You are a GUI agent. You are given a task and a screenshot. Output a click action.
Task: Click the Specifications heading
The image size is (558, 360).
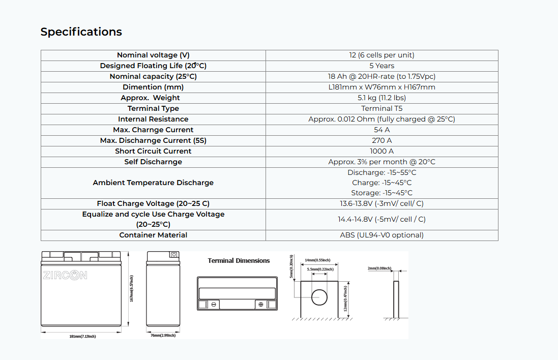81,32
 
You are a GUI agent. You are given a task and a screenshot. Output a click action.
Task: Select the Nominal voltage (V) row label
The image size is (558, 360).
153,55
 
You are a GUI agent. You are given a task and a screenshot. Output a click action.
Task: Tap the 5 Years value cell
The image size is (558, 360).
381,66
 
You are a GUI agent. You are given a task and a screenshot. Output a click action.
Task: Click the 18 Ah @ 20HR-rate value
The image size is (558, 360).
381,76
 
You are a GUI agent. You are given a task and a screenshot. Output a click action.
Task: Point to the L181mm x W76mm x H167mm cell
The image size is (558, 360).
381,87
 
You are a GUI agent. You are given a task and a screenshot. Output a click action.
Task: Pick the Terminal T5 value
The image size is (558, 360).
381,108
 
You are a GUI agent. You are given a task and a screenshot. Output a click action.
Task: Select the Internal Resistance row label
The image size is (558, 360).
153,119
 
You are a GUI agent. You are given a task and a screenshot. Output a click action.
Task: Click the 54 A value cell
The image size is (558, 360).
381,130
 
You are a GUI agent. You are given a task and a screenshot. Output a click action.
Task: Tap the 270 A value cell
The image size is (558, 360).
381,140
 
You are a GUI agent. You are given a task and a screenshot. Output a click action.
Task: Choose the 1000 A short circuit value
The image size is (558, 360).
381,151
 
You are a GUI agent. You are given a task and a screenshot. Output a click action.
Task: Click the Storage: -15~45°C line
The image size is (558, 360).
381,193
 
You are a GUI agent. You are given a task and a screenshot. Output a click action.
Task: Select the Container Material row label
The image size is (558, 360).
153,235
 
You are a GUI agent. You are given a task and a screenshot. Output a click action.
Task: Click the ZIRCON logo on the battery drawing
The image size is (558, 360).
65,275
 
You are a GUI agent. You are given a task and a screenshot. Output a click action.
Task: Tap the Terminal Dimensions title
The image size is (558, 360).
239,261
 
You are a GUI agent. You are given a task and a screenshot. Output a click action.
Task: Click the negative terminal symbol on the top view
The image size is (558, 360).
214,305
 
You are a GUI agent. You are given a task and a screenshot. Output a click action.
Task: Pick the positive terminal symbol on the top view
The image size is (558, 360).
261,305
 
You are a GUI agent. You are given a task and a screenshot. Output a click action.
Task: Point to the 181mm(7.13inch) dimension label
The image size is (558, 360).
82,337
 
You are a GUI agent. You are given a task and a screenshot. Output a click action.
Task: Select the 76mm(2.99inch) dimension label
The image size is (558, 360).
163,336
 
